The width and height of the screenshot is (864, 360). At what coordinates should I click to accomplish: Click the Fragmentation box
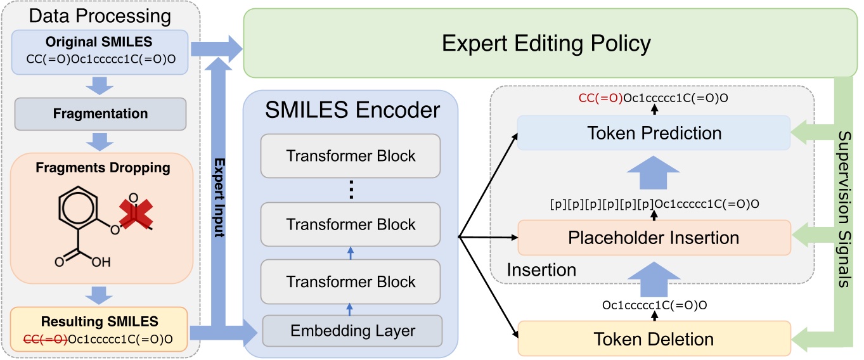point(101,114)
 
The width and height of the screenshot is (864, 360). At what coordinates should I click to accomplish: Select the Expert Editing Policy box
point(546,44)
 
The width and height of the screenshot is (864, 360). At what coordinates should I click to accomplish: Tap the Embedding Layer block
point(352,330)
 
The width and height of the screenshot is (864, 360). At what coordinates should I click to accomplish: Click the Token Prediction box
point(654,133)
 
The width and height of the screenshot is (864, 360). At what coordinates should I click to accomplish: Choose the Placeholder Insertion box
point(654,238)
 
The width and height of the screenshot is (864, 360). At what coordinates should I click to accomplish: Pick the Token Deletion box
point(654,339)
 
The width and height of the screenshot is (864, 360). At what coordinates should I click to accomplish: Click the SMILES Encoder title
point(352,110)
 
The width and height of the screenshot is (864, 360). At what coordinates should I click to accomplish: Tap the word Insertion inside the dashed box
point(541,270)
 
